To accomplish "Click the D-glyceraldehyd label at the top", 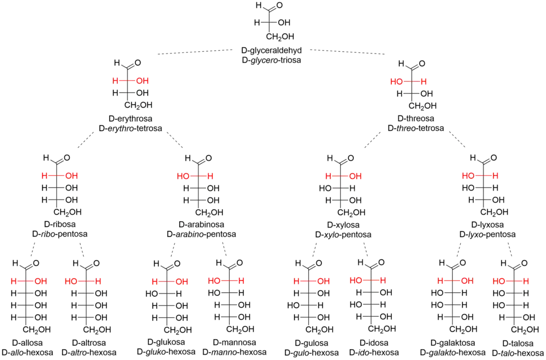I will click(272, 50).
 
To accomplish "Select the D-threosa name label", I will click(416, 119).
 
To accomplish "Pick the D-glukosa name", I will click(166, 343).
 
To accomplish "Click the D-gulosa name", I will click(311, 344).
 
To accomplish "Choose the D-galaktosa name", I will click(453, 344).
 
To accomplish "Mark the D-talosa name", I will click(518, 344).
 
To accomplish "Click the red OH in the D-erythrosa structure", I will click(143, 81).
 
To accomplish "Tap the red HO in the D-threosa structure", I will click(396, 81).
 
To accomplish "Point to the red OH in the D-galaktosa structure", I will click(466, 282).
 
